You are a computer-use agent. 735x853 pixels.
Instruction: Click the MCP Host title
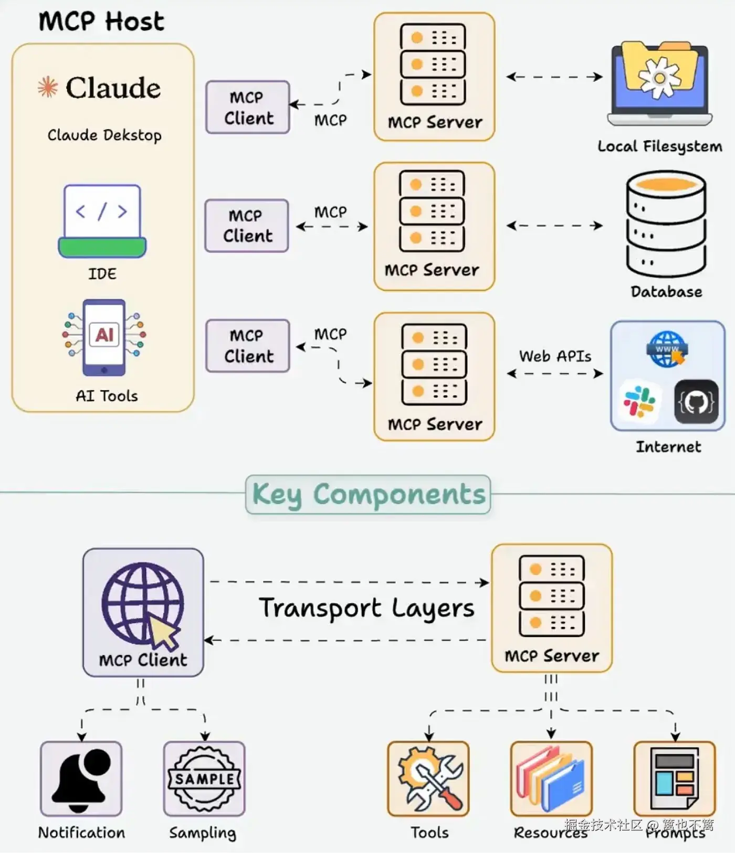pos(101,22)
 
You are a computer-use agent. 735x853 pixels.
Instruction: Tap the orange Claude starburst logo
pos(48,87)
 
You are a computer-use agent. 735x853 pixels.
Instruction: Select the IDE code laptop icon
pos(102,221)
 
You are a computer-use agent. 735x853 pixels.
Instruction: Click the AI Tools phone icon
pos(104,337)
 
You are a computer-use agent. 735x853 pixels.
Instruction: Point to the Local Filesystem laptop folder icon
pos(660,83)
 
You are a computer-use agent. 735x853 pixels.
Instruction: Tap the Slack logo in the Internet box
pos(639,401)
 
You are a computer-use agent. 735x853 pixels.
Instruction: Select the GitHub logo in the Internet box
pos(696,402)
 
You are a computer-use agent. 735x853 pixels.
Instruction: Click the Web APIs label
pos(555,356)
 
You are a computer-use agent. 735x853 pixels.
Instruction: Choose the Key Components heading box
pos(368,494)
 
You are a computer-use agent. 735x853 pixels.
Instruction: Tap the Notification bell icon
pos(81,779)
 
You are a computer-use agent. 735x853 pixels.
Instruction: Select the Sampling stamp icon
pos(204,779)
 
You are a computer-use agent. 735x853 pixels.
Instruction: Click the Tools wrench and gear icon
pos(428,779)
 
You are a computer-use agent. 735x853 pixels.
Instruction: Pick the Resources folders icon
pos(551,779)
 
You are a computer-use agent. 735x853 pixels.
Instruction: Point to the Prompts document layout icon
pos(675,779)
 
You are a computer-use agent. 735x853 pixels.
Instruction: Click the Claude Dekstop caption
pos(104,135)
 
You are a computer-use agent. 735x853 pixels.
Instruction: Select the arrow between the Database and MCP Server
pos(554,226)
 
